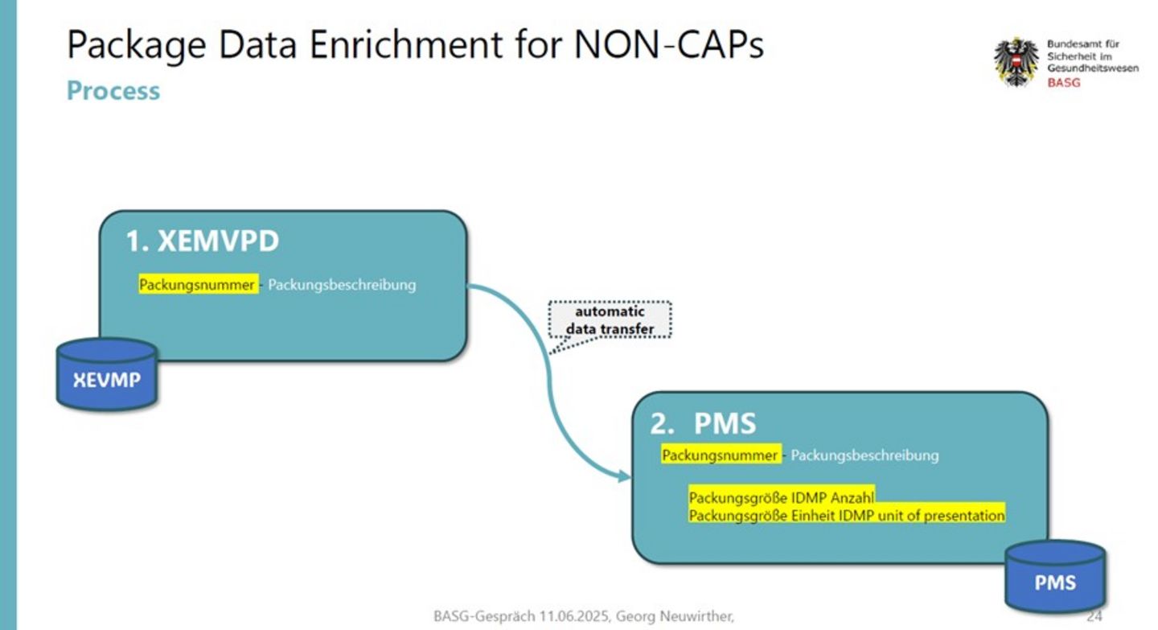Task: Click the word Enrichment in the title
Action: pyautogui.click(x=406, y=44)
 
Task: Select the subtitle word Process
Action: pyautogui.click(x=113, y=91)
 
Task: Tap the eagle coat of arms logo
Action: pyautogui.click(x=1016, y=62)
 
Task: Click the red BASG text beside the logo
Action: pyautogui.click(x=1063, y=82)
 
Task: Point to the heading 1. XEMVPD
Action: pyautogui.click(x=202, y=241)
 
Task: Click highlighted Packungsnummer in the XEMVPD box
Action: pyautogui.click(x=197, y=285)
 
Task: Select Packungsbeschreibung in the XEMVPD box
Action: pyautogui.click(x=342, y=285)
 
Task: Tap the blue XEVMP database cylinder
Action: pyautogui.click(x=106, y=374)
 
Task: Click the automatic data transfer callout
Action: pyautogui.click(x=610, y=320)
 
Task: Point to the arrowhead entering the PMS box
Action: pyautogui.click(x=625, y=476)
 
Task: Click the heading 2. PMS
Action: pyautogui.click(x=703, y=423)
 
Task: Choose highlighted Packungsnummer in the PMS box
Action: pyautogui.click(x=721, y=455)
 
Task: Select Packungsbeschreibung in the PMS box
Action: pyautogui.click(x=864, y=455)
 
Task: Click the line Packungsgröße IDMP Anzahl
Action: pyautogui.click(x=781, y=497)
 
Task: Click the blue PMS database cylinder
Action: pyautogui.click(x=1055, y=577)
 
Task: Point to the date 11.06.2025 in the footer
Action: pyautogui.click(x=574, y=616)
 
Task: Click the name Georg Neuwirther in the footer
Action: pyautogui.click(x=675, y=616)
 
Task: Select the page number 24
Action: pyautogui.click(x=1094, y=616)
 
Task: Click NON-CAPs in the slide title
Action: pyautogui.click(x=668, y=44)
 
